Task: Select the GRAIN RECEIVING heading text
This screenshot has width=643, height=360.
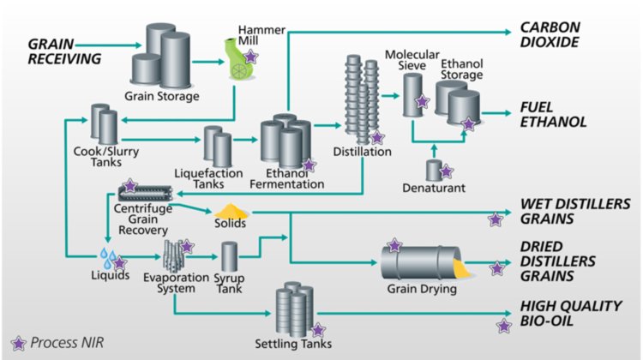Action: click(x=64, y=51)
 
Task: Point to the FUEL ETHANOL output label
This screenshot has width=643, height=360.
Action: click(x=553, y=114)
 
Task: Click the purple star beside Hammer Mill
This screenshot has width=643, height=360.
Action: click(x=251, y=56)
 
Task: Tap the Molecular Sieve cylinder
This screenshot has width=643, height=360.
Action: click(x=413, y=94)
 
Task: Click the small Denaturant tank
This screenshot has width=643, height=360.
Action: click(x=435, y=170)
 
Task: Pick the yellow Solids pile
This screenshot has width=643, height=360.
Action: click(x=230, y=209)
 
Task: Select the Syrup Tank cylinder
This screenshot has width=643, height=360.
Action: click(x=229, y=257)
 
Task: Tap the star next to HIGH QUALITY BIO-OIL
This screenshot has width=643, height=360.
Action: click(x=505, y=325)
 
